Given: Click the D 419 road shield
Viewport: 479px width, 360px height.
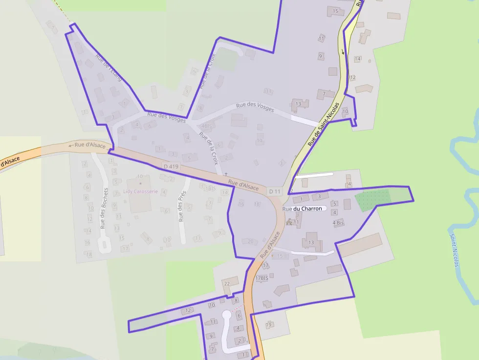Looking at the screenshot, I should (x=172, y=167).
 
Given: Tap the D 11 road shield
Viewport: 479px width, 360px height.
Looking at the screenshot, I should (x=275, y=191).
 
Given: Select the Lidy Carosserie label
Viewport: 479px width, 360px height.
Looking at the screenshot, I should (x=140, y=191).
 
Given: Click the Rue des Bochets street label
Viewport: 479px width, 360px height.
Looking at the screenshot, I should (x=104, y=209).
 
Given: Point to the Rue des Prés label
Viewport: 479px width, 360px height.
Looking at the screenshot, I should (x=182, y=206).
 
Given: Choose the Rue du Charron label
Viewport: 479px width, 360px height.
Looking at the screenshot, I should (x=303, y=209).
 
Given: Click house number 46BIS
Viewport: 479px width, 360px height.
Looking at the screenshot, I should (x=208, y=126).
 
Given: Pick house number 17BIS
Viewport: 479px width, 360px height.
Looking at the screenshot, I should (x=262, y=278).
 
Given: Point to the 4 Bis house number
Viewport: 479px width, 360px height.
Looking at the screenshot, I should (x=338, y=223).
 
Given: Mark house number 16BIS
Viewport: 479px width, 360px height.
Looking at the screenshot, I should (x=210, y=189).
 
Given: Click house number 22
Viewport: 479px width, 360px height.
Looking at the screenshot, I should (x=226, y=283).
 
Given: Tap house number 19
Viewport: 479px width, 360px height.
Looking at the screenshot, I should (x=268, y=325).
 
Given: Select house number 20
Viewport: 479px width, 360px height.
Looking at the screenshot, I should (x=250, y=241).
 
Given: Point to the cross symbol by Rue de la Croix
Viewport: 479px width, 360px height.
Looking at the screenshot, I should (x=226, y=174).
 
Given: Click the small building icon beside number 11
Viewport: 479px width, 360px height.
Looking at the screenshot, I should (x=289, y=222).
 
